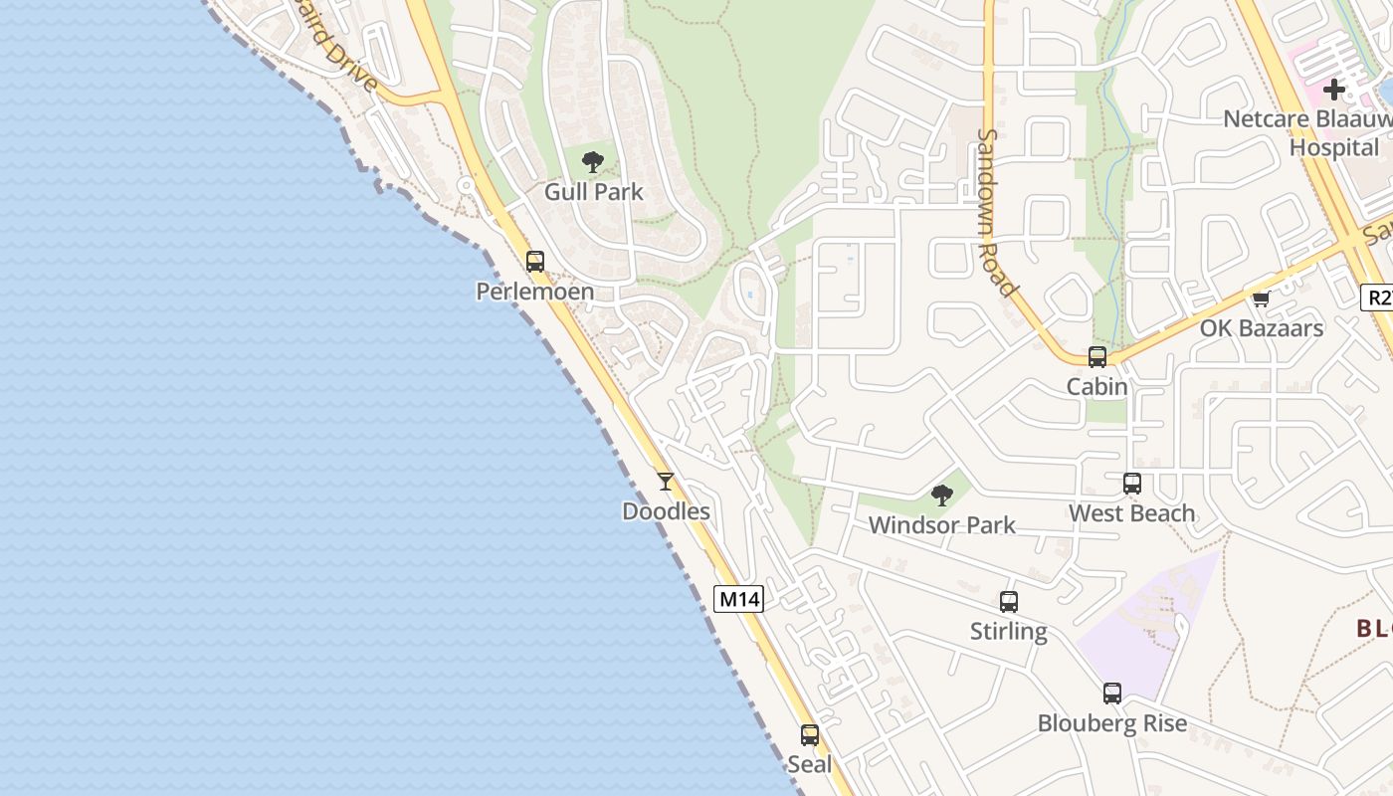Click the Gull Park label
coord(594,192)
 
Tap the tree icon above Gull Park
coord(593,161)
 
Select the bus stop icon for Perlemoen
coord(535,262)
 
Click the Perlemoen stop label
coord(534,292)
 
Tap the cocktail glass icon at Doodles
coord(666,482)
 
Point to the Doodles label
coord(666,511)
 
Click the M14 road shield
coord(739,599)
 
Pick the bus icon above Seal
coord(810,735)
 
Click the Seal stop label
coord(809,764)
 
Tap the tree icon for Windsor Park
coord(941,495)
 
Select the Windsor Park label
coord(941,525)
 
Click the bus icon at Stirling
coord(1009,602)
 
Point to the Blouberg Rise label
coord(1112,723)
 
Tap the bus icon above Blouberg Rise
coord(1112,694)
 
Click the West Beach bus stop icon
coord(1132,484)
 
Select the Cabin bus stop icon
coord(1097,357)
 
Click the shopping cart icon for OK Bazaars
coord(1262,298)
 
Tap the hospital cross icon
coord(1334,90)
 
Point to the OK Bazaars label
coord(1261,328)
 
